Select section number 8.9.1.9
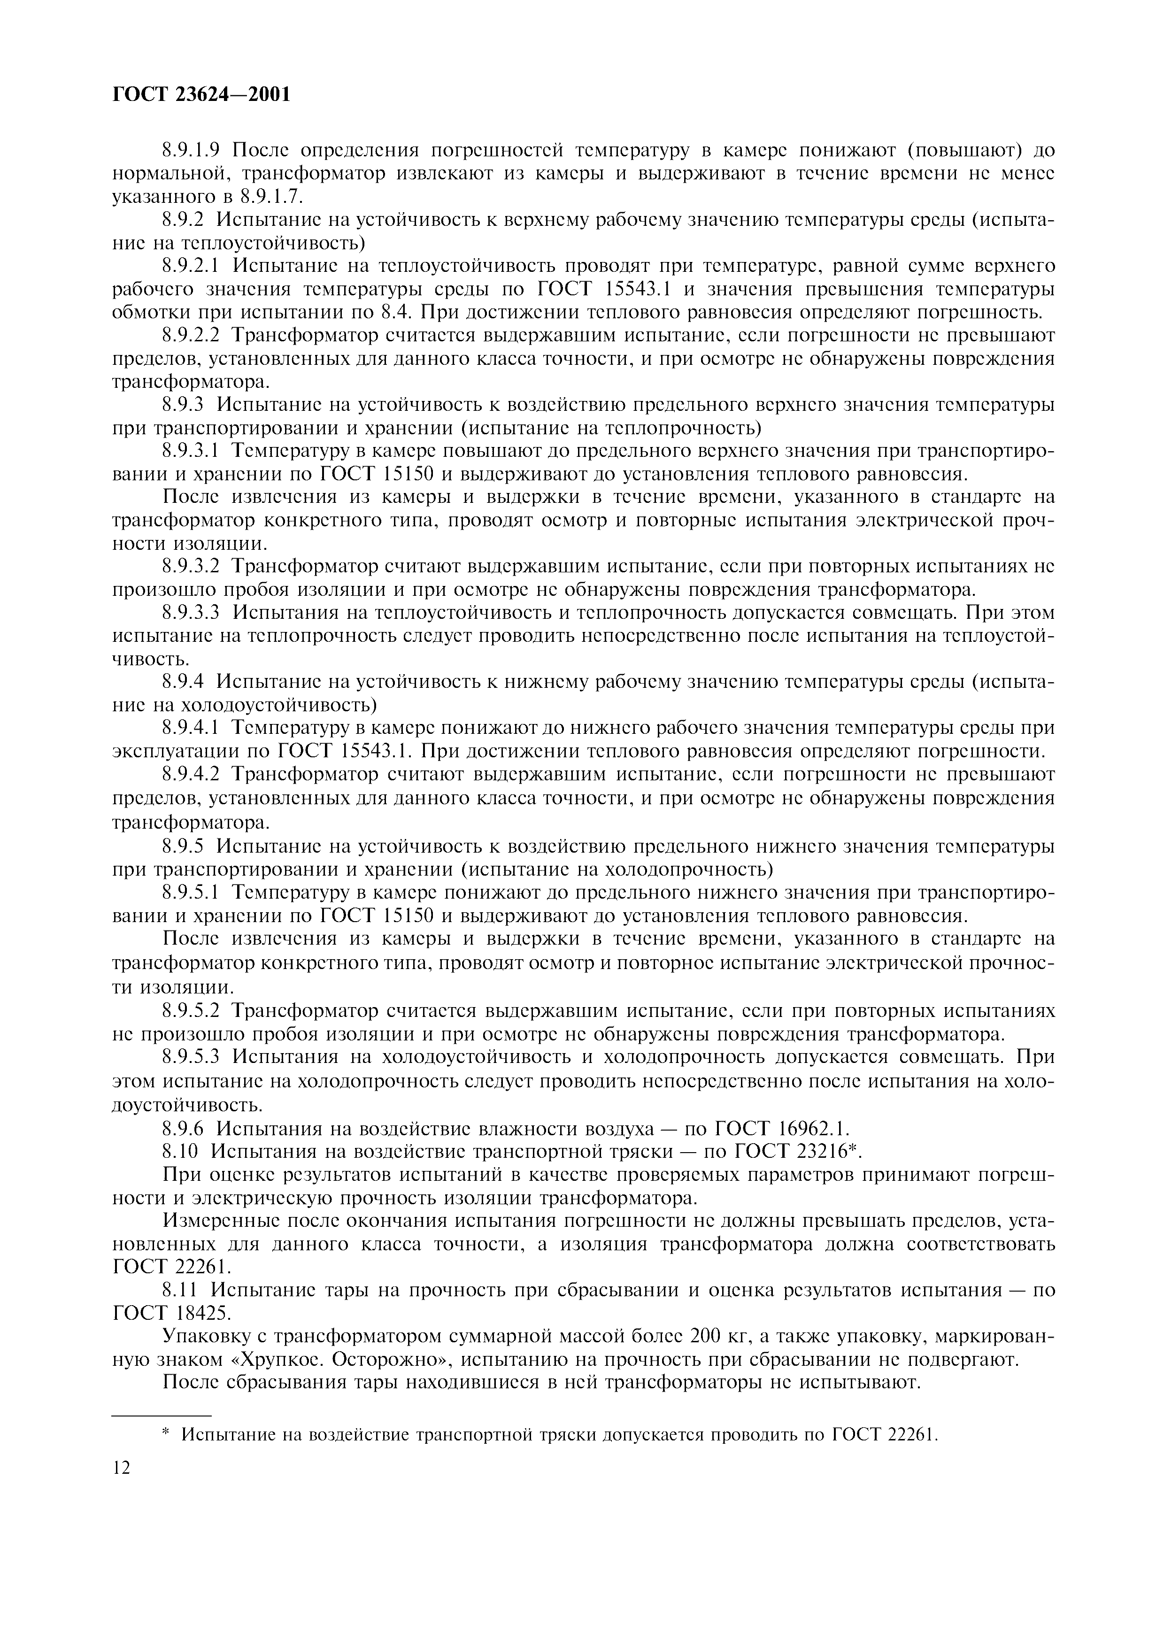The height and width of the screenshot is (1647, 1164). pos(190,151)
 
